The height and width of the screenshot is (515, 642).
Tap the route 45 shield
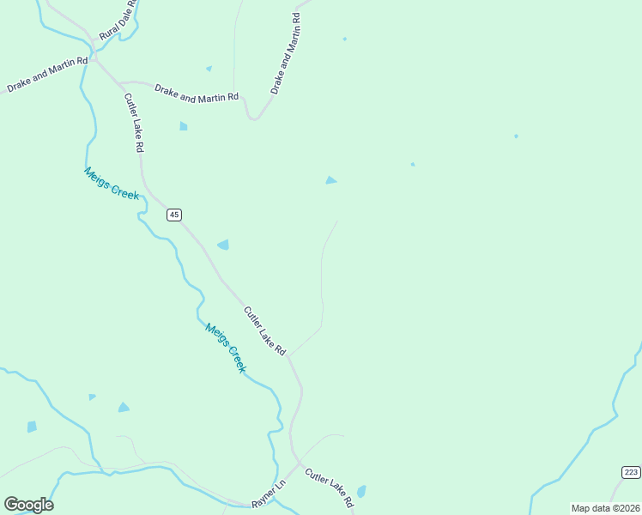[174, 215]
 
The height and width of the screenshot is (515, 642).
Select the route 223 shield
[631, 472]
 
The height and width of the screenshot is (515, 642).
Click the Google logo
[28, 505]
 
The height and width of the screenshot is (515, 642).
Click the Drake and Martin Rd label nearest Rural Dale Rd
[47, 75]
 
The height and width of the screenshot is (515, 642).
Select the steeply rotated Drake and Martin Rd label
[286, 53]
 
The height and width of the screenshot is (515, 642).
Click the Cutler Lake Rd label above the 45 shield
[133, 123]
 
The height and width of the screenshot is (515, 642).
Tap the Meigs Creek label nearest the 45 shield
[112, 183]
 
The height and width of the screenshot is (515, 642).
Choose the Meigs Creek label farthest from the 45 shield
[226, 347]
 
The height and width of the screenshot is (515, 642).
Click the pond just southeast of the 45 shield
[223, 245]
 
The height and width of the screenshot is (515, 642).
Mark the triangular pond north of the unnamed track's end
[330, 180]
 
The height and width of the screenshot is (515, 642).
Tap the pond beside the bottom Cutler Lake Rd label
[361, 492]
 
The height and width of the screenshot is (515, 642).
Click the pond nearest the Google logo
[32, 427]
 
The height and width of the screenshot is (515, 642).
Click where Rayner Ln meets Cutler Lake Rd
[298, 464]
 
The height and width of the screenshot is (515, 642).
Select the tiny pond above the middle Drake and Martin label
[209, 69]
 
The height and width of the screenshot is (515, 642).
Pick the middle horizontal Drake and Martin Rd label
[196, 94]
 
